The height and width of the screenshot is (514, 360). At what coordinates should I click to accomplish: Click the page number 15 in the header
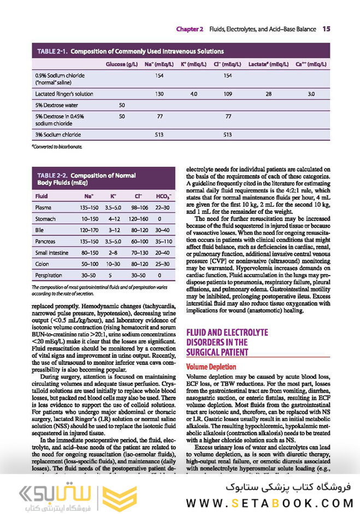click(x=326, y=28)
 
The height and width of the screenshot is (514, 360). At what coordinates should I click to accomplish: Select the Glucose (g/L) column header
click(x=121, y=64)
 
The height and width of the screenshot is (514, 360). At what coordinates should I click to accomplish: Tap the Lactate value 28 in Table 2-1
click(x=268, y=94)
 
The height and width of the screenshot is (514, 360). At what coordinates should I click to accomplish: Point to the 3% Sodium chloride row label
click(x=58, y=134)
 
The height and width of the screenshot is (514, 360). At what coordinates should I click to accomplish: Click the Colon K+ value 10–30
click(x=114, y=264)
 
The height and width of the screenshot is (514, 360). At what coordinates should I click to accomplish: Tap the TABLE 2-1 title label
click(x=52, y=51)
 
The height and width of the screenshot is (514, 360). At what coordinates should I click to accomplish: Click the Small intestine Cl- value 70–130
click(x=139, y=253)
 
